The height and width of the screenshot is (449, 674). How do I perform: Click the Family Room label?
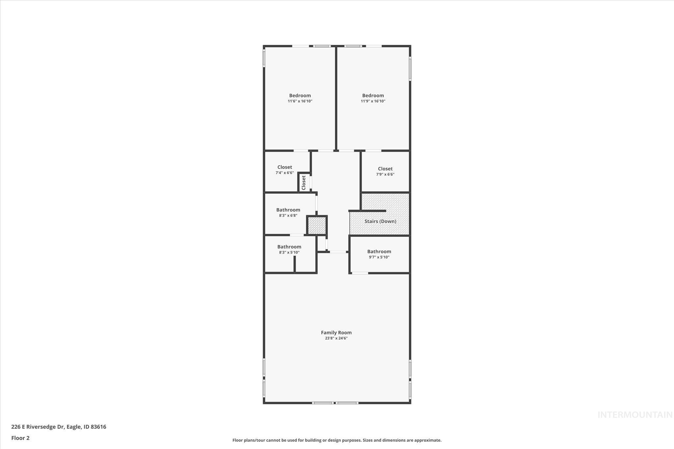336,333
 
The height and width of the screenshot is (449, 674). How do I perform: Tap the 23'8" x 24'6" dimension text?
336,338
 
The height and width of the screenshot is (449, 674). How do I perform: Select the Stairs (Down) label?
380,221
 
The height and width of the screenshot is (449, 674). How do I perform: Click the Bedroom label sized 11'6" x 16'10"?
300,96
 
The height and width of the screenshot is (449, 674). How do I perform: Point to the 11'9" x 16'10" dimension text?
373,101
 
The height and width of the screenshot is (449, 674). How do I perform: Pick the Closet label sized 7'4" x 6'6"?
284,167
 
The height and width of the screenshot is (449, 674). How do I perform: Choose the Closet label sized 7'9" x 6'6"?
385,169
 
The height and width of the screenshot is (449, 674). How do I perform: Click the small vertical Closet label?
304,183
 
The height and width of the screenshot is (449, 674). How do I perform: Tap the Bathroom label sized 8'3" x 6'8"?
288,210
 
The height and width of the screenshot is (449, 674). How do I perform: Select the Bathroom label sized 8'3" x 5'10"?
289,247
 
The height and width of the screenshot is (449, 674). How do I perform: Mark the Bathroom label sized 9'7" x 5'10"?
379,252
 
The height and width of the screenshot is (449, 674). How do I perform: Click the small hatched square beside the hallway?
317,225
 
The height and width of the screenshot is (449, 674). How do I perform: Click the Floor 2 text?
20,438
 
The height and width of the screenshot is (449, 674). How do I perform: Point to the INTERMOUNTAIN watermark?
635,415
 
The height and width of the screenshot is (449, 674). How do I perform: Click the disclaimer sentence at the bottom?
337,440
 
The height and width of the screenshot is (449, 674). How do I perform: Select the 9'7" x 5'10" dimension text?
379,257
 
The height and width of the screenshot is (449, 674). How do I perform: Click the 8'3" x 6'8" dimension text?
288,215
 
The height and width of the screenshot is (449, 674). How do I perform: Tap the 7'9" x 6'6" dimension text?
385,174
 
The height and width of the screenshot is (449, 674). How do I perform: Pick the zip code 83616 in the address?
98,427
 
